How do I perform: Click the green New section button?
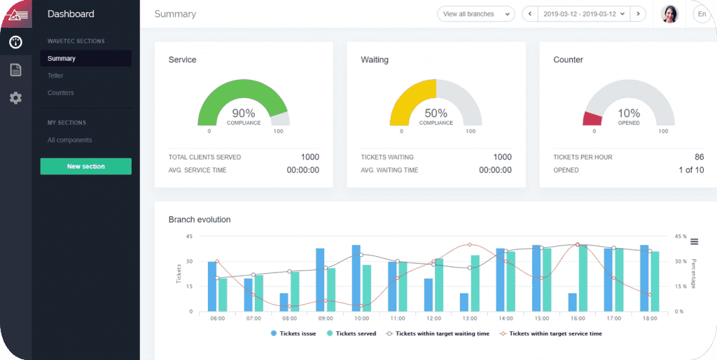[x=85, y=166]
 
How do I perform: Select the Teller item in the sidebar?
[x=55, y=76]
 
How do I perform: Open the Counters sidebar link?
[x=60, y=92]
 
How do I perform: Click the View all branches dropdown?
[x=475, y=14]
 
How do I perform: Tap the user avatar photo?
[x=669, y=14]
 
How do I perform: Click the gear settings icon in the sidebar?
[x=15, y=98]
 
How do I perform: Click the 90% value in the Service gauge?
[x=243, y=113]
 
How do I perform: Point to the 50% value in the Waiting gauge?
[x=436, y=113]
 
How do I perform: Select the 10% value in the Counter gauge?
[x=628, y=113]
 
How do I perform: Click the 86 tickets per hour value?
[x=698, y=157]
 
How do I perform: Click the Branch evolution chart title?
[x=200, y=219]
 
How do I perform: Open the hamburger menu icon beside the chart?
[x=694, y=242]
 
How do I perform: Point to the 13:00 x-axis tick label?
[x=469, y=318]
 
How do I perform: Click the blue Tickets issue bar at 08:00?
[x=284, y=302]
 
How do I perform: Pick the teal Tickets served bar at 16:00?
[x=583, y=278]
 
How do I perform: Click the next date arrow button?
[x=638, y=14]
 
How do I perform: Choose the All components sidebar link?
[x=69, y=140]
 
